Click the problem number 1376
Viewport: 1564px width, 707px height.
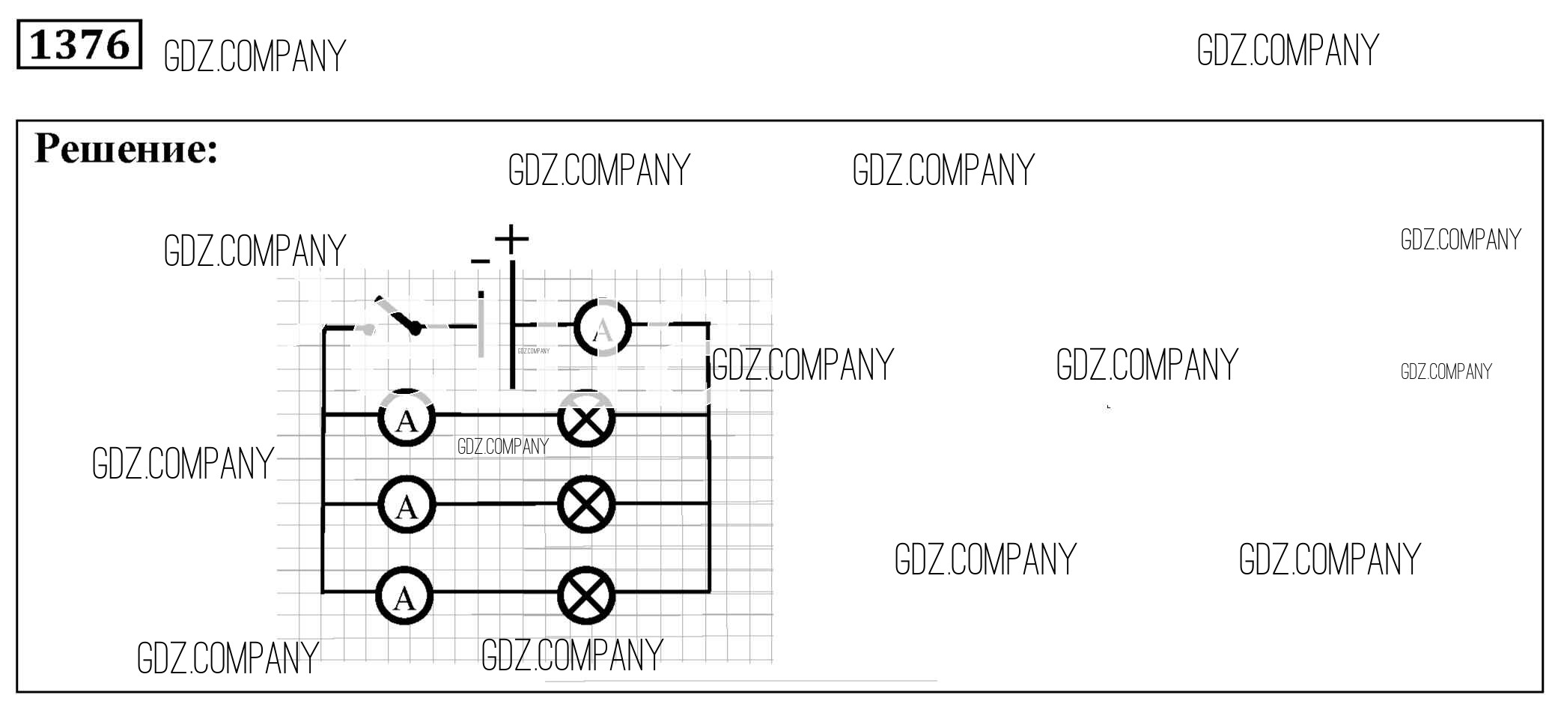[79, 45]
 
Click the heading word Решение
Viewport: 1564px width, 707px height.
[126, 148]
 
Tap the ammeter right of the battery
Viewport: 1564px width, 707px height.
[603, 328]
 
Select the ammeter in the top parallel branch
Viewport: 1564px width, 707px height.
[407, 418]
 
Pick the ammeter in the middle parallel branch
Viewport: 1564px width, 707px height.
[407, 505]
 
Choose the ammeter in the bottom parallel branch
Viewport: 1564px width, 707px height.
[405, 596]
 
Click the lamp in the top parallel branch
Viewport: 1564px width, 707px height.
[586, 418]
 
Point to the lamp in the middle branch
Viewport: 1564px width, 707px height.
[586, 505]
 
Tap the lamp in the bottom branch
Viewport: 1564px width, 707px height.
[586, 596]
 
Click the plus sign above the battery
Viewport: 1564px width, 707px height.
[512, 239]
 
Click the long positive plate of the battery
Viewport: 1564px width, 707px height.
[512, 324]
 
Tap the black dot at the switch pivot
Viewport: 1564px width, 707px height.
[416, 327]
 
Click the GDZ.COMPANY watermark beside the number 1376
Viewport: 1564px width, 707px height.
[255, 56]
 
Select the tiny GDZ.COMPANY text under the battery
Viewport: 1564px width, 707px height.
[534, 351]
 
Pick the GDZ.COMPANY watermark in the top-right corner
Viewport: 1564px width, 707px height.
[1288, 51]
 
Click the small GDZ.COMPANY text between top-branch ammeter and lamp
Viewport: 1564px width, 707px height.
[503, 446]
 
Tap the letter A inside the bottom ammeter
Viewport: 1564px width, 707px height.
[404, 598]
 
